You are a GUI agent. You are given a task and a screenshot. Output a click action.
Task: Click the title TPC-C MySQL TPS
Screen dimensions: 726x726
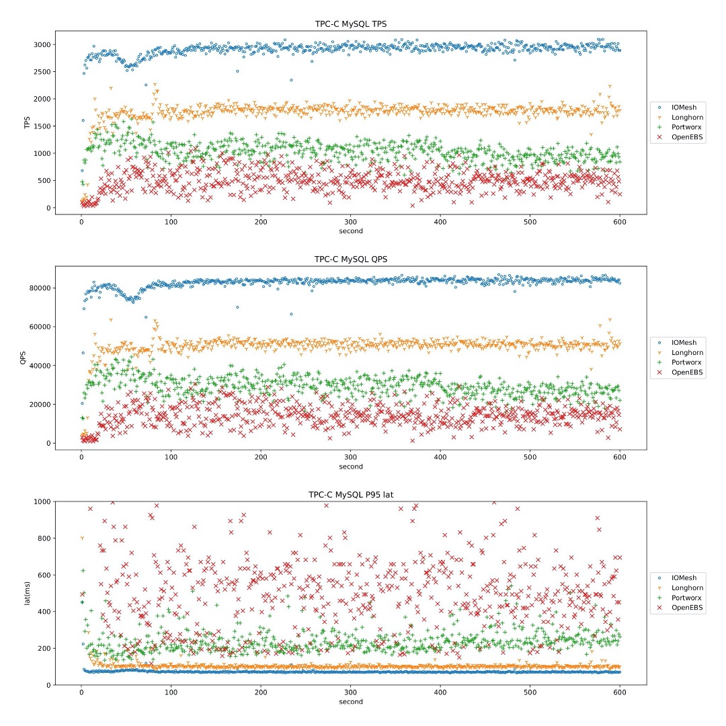click(x=350, y=24)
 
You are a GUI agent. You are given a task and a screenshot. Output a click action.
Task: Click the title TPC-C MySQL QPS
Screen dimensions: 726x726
click(x=350, y=259)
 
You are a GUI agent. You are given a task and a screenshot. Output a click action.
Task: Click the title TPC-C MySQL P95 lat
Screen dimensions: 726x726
click(x=350, y=495)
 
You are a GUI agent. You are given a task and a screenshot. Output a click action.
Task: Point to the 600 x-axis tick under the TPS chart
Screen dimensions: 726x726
click(x=620, y=223)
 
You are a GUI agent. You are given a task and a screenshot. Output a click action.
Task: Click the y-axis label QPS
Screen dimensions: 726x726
click(x=23, y=358)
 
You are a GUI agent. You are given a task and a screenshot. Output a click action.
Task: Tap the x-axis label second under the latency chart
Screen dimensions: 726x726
click(x=350, y=702)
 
